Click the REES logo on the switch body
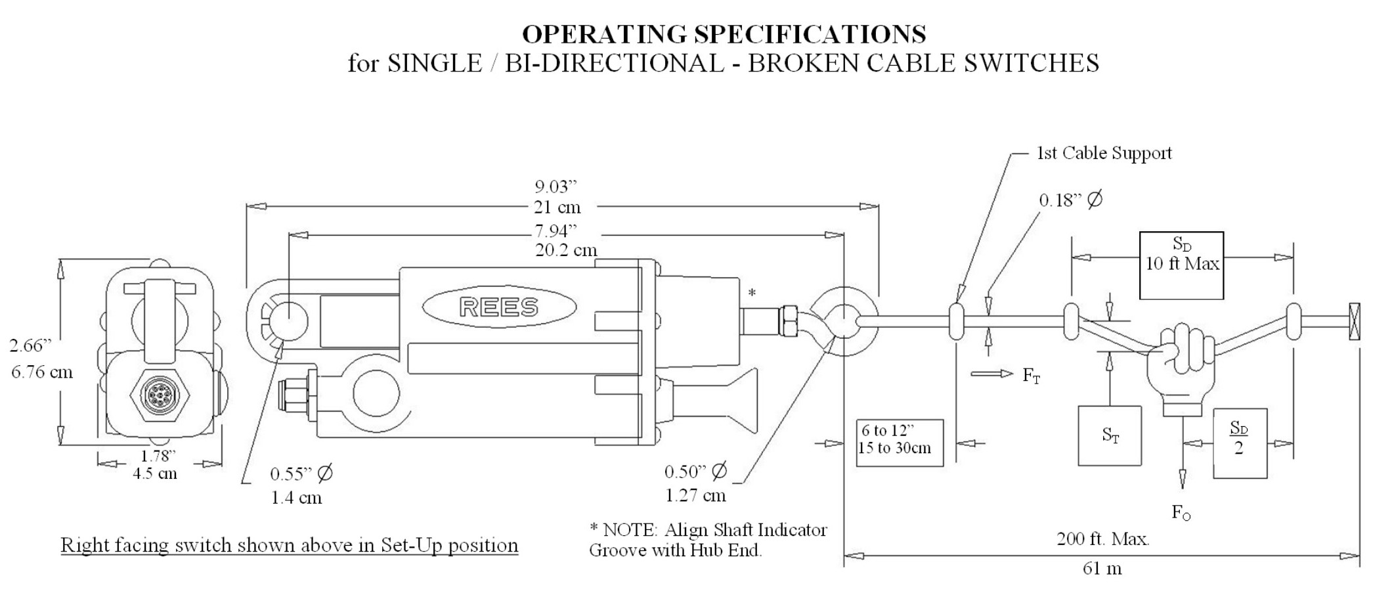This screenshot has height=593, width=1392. [x=499, y=307]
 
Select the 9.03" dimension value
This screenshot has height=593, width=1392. [x=555, y=187]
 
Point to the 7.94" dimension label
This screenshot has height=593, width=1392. [x=555, y=231]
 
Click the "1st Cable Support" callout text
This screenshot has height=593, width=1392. [x=1104, y=153]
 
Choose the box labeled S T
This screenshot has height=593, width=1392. [x=1110, y=435]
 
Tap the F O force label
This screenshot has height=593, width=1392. [x=1181, y=513]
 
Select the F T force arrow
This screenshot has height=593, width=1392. [x=991, y=374]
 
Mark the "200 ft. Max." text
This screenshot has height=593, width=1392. [x=1102, y=540]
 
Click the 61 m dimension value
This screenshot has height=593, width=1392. [x=1102, y=568]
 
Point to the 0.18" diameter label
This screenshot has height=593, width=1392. [x=1070, y=200]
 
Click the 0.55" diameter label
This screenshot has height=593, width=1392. [x=301, y=473]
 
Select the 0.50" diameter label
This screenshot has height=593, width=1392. [x=695, y=472]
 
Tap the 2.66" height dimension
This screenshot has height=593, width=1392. [x=30, y=345]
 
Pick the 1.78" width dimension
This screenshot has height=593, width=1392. [x=158, y=456]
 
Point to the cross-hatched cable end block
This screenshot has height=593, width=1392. [x=1354, y=321]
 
